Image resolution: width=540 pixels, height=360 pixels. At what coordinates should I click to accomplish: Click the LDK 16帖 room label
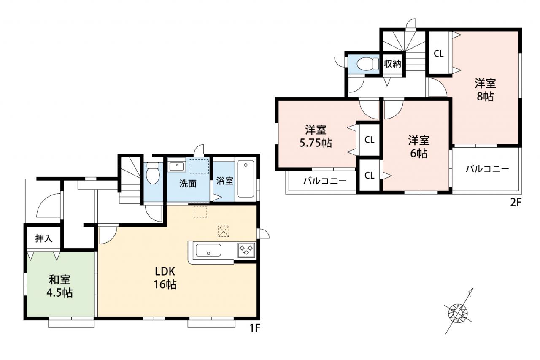pos(165,278)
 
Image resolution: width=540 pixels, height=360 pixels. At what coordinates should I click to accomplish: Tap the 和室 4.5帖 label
pos(59,287)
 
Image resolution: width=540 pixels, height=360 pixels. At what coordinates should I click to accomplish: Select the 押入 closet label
pos(43,238)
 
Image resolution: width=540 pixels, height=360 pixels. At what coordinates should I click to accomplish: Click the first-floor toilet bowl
pos(153,173)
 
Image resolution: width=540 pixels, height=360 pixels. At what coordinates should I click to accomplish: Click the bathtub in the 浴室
pos(246,179)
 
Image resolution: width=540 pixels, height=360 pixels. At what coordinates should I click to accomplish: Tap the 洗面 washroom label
pos(188,184)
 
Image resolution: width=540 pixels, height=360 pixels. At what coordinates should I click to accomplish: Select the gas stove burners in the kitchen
pos(246,250)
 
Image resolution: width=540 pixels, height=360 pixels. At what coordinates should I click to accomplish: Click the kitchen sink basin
pos(208,250)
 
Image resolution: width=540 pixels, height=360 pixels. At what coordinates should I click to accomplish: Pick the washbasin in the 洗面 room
pos(176,166)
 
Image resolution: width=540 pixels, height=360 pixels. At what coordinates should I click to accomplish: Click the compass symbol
pos(458,313)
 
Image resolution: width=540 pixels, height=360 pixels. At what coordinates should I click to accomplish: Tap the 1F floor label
pos(254,328)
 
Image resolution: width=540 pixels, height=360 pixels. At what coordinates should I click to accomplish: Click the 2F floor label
pos(516,202)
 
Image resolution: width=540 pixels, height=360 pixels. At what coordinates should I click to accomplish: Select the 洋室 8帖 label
pos(485,90)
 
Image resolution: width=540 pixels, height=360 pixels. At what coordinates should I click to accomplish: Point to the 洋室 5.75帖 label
pos(316,136)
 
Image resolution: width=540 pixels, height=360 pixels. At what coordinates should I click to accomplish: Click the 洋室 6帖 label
pos(419,147)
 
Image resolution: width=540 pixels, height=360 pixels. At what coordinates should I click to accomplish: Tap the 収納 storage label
pos(392,64)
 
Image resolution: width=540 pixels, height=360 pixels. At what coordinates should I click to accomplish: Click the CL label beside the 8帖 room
pos(438,54)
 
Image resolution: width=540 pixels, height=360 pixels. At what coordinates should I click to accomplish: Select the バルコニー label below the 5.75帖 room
pos(325,181)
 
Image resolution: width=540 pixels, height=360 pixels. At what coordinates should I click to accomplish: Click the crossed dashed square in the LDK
pos(224,231)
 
